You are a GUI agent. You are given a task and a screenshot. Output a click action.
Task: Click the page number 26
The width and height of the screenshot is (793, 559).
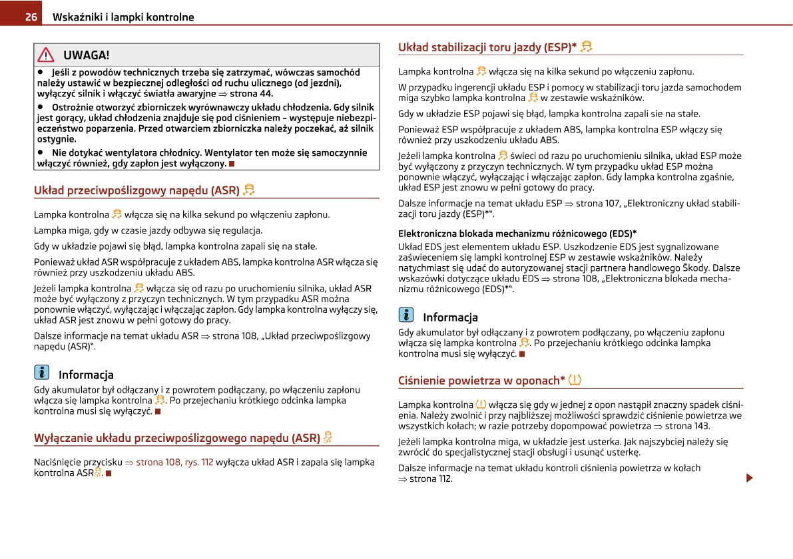(x=31, y=17)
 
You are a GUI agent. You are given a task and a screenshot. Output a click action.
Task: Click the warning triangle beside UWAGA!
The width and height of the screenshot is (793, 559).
(x=46, y=55)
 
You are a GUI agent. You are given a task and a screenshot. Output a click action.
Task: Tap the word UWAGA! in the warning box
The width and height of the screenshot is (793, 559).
(x=87, y=55)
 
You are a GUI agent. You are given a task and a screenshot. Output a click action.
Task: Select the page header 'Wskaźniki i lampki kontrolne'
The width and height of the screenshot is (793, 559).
(x=123, y=17)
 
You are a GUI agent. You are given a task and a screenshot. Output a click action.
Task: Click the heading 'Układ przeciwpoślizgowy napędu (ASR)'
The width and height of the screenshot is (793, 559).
(x=136, y=191)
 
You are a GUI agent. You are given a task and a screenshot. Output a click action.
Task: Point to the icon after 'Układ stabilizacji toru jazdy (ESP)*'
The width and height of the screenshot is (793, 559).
(x=587, y=47)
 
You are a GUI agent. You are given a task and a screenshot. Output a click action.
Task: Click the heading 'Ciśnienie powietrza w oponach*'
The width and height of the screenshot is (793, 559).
(x=481, y=381)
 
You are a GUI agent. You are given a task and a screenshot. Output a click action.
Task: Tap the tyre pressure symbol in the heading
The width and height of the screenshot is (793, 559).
(x=575, y=380)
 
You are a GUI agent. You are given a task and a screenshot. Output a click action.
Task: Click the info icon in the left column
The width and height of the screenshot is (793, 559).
(x=42, y=373)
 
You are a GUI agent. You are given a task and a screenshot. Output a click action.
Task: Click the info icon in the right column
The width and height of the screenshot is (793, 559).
(x=406, y=316)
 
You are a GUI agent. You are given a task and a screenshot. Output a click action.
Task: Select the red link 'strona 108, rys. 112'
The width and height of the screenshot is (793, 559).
(x=174, y=462)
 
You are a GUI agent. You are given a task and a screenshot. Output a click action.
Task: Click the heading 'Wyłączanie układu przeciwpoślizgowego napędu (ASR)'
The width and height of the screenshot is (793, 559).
(x=177, y=438)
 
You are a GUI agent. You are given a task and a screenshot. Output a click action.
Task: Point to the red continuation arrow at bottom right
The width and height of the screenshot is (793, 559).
(x=750, y=478)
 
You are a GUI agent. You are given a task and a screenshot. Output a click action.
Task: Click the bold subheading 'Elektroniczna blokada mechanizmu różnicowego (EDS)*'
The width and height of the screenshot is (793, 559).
(x=517, y=234)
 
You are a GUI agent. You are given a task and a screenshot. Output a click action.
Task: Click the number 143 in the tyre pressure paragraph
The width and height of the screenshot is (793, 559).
(x=701, y=426)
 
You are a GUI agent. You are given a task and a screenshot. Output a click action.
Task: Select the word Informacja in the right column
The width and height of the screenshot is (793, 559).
(x=450, y=317)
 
